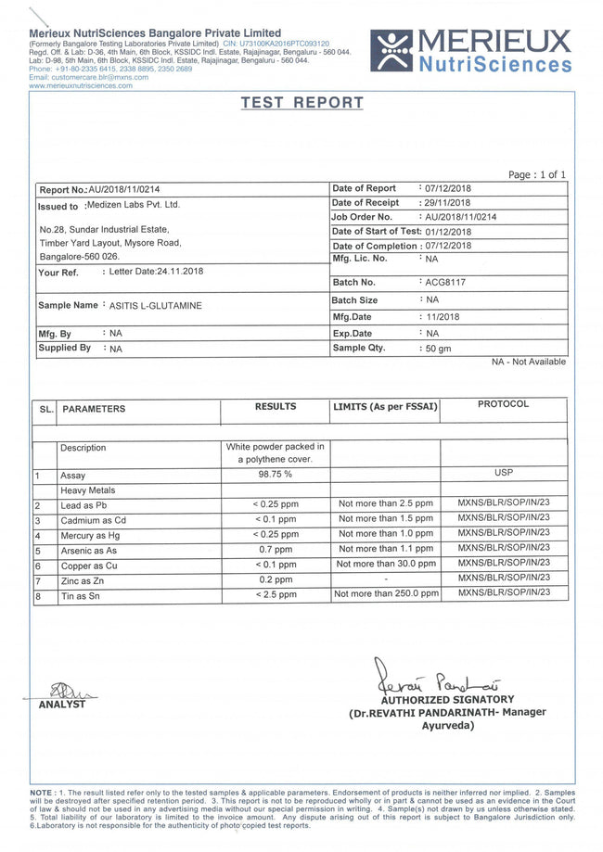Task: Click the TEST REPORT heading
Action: click(x=301, y=103)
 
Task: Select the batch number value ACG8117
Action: click(x=445, y=282)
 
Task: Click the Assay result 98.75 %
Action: click(x=275, y=475)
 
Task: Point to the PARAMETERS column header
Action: click(x=94, y=409)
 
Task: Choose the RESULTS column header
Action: click(x=276, y=406)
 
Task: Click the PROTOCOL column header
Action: click(x=503, y=404)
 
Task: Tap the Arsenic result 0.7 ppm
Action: click(x=275, y=550)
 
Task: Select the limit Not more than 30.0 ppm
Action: click(x=385, y=564)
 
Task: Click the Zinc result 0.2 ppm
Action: click(x=275, y=579)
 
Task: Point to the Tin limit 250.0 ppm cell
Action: click(x=385, y=593)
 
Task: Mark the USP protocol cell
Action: click(x=504, y=473)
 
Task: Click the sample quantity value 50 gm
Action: click(x=437, y=349)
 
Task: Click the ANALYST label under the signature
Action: click(x=61, y=705)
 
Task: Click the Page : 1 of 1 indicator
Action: click(x=536, y=175)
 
